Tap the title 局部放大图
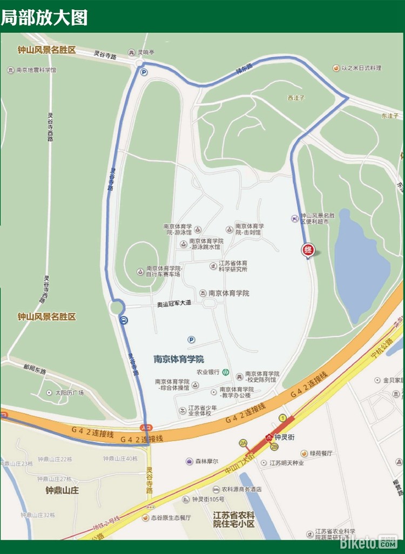44,17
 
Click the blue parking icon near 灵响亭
144,72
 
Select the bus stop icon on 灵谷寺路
124,320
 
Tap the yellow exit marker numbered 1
282,418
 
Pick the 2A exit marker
244,443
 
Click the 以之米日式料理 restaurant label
361,68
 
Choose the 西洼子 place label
296,98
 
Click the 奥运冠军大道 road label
174,304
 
